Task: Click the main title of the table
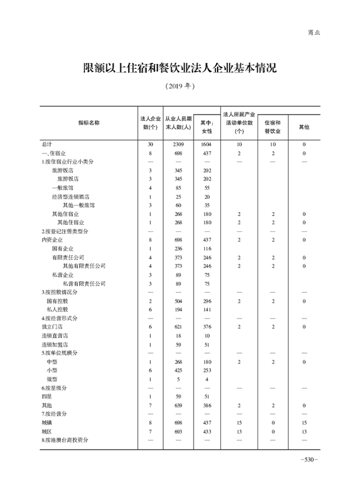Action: coord(180,68)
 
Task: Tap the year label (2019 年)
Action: coord(180,86)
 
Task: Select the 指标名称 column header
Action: coord(89,123)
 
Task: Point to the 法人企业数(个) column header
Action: coord(150,123)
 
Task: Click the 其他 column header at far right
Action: coord(304,127)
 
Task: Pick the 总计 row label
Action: coord(47,145)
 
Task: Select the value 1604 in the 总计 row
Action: coord(207,145)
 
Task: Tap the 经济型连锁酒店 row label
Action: coord(70,197)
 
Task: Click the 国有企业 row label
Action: coord(63,249)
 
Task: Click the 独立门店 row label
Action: coord(52,327)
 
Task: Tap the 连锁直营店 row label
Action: coord(54,336)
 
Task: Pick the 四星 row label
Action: coord(47,397)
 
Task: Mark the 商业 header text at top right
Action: coord(314,32)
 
